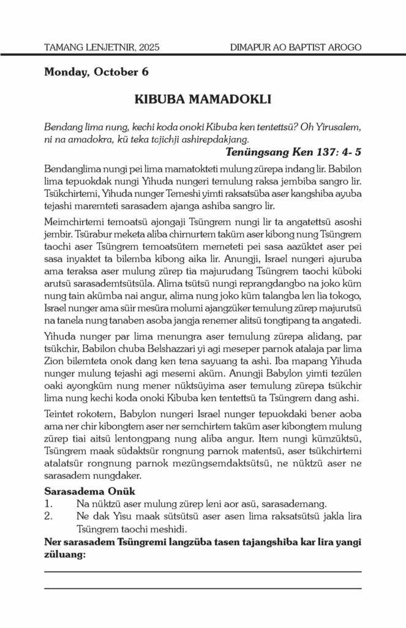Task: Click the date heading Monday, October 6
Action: [96, 72]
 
